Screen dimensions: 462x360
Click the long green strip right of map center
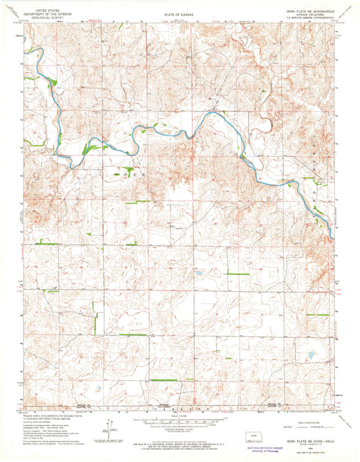pos(238,274)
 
